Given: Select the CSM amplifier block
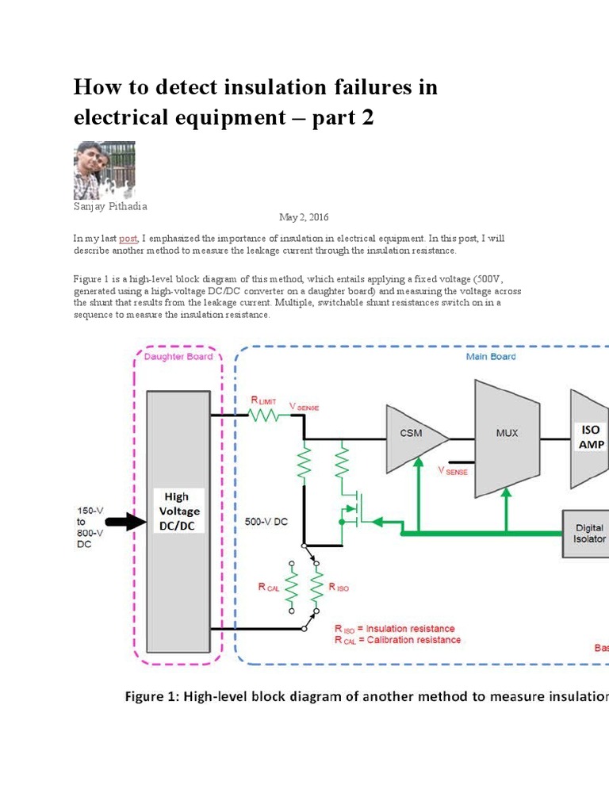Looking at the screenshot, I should tap(412, 434).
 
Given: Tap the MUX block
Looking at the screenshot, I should tap(507, 434).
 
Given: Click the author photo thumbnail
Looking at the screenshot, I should tap(105, 170).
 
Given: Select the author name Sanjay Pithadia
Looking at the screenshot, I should tap(109, 206).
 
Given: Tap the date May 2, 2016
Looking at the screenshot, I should tap(304, 217).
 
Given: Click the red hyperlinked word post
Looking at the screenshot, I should tap(128, 238).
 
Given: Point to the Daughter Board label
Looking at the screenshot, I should tap(178, 357).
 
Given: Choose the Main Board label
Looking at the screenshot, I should tap(490, 357).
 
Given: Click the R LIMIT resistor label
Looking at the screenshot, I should tap(264, 400).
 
